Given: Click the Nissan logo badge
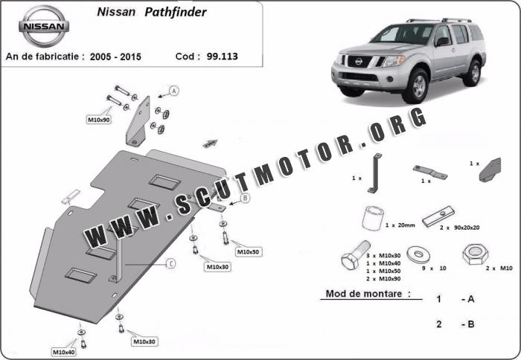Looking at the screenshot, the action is [x=43, y=26].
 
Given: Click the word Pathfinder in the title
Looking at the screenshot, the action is [x=176, y=13].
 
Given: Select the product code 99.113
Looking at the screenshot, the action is [x=223, y=56].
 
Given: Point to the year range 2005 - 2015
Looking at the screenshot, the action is [x=115, y=57].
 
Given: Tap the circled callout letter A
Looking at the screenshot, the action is [x=174, y=91].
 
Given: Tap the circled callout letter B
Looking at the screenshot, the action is [x=245, y=199].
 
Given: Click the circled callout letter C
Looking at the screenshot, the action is [x=170, y=264].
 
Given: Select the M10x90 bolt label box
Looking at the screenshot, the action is [x=99, y=120].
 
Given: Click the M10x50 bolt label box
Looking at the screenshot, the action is [x=248, y=251].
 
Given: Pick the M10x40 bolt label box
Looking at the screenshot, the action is [x=63, y=352].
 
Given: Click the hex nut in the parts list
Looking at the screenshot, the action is [x=475, y=254].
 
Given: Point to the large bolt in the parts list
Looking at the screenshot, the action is [x=356, y=255].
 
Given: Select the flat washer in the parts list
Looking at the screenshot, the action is [x=418, y=254].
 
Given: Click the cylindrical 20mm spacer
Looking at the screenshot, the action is [x=373, y=218].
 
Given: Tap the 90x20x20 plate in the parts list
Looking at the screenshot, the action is [x=438, y=216].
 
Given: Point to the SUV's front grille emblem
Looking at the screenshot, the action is [x=358, y=62].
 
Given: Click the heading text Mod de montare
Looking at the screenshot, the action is [x=368, y=294].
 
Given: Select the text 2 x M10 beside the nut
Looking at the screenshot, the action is [x=499, y=268].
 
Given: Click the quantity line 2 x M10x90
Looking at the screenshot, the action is [x=383, y=279].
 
